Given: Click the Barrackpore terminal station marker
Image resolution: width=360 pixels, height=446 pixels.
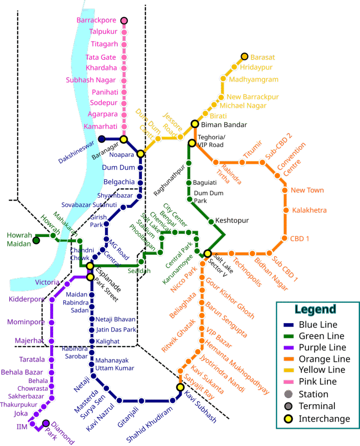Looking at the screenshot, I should [124, 20].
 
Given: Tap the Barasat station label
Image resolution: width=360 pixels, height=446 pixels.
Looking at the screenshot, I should [262, 57].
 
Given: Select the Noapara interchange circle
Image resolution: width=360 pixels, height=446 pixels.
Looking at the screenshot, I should [140, 154].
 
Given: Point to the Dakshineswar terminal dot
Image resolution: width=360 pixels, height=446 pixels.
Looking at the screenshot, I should [101, 139].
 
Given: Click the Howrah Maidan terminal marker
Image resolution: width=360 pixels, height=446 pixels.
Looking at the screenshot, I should [37, 240].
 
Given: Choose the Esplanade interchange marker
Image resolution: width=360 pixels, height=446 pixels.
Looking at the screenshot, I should [90, 266].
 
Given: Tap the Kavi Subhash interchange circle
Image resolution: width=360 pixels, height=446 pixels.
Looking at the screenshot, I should [180, 387].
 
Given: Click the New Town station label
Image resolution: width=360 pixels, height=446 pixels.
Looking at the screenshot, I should [307, 190].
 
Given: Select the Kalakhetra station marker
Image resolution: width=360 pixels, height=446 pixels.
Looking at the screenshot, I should [286, 210].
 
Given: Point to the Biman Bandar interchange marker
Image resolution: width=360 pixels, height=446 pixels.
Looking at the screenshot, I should [195, 124].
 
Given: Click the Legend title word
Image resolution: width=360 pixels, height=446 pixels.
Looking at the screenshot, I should [315, 309].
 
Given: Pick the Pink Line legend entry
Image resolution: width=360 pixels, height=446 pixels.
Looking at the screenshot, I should [317, 382].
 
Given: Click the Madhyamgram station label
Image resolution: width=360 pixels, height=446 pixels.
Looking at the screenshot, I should [253, 80].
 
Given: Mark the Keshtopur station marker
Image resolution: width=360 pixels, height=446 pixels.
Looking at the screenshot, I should [211, 221].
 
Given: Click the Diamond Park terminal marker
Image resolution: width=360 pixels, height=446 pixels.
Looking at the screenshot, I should [46, 423].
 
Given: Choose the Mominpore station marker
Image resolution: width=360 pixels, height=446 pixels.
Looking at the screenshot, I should [52, 322].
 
